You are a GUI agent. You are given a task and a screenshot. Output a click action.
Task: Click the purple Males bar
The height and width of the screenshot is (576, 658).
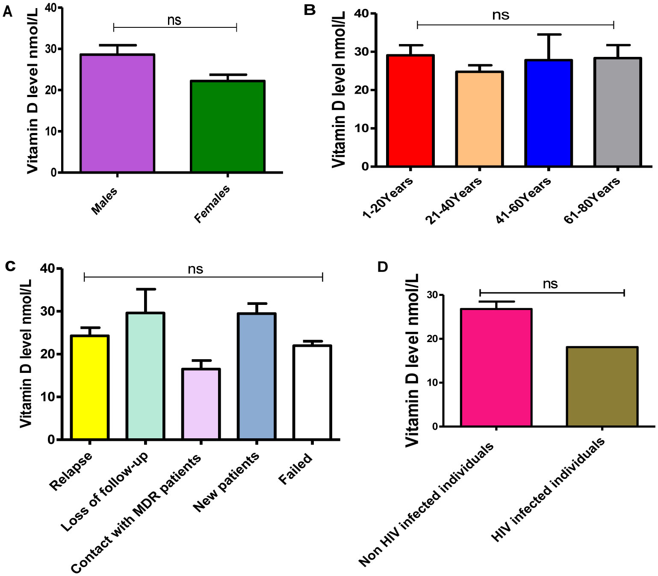tap(117, 113)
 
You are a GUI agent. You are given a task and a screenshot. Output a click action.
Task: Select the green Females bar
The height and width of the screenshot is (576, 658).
tap(227, 126)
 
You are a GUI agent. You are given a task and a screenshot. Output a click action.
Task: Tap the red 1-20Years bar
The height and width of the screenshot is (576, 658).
tap(410, 110)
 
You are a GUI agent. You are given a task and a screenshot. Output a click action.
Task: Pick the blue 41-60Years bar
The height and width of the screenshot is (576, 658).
tap(549, 113)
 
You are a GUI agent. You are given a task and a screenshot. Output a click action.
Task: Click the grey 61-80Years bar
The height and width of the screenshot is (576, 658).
tap(617, 112)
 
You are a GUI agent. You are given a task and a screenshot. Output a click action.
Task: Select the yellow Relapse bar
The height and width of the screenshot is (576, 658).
tap(90, 387)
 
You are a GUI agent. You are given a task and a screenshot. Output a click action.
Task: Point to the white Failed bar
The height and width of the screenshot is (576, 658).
tap(312, 392)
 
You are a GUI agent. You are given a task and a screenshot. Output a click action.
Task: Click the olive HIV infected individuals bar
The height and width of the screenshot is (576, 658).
tap(602, 387)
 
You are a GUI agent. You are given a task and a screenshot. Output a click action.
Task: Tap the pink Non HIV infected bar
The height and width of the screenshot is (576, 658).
tap(496, 367)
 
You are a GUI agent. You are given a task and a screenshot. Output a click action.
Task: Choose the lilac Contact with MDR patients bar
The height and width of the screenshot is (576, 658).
tap(201, 404)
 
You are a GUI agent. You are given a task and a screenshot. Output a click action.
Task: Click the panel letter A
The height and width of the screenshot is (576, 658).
tap(7, 12)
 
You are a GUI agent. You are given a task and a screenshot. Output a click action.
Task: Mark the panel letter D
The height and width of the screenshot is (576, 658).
tap(382, 267)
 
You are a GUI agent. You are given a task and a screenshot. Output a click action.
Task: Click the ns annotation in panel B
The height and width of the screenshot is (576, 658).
tap(501, 15)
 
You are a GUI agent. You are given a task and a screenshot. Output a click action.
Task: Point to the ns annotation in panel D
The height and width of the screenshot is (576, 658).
tap(550, 284)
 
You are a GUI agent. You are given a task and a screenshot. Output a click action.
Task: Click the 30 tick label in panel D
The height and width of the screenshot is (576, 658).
tap(433, 295)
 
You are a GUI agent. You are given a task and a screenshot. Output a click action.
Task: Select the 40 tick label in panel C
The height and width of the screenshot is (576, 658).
tap(47, 269)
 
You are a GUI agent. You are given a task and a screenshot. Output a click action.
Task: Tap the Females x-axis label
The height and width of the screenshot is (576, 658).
tap(212, 204)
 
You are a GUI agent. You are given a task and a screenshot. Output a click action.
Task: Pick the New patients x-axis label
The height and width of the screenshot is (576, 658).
tap(226, 481)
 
